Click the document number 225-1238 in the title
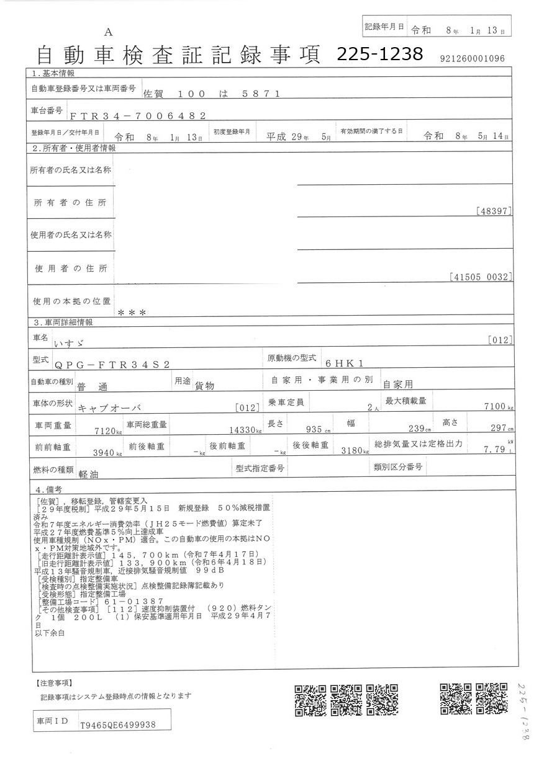(379, 55)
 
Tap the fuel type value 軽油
(91, 472)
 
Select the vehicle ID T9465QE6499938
(118, 724)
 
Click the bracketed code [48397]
(495, 211)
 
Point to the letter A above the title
(109, 32)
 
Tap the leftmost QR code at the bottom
(310, 700)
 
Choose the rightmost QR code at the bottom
(492, 700)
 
